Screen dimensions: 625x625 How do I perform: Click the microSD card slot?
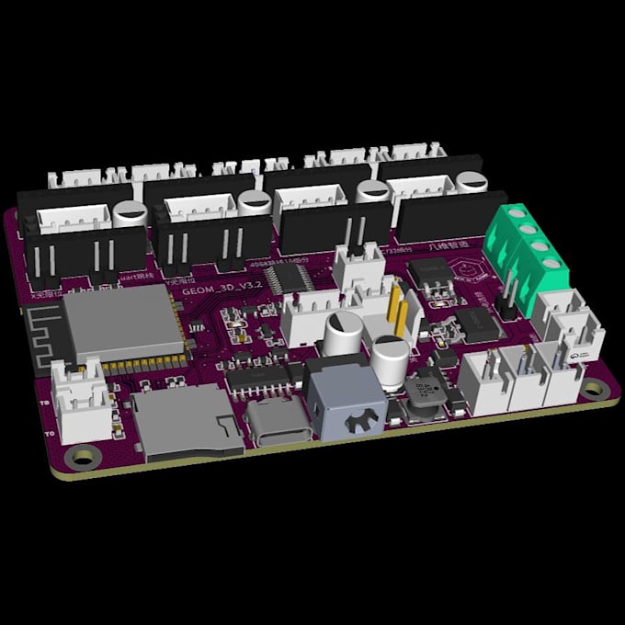click(x=184, y=423)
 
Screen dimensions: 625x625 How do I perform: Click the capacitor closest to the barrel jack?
click(x=391, y=360)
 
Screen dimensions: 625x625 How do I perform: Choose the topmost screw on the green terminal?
click(x=527, y=217)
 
